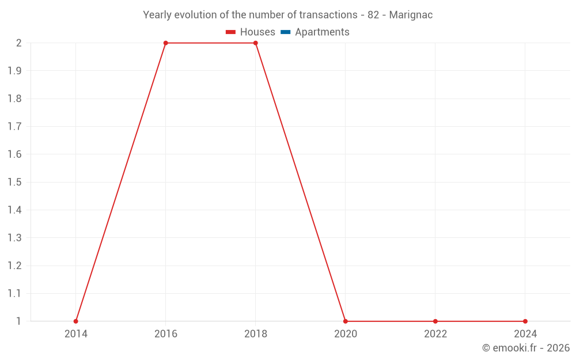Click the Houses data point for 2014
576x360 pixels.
pos(75,321)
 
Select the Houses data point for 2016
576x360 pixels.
pos(165,43)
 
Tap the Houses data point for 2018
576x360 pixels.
pos(255,43)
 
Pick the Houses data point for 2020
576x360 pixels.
pos(345,321)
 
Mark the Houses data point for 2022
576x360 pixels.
pos(435,321)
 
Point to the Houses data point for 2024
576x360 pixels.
pos(525,321)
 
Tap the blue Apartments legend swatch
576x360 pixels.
pos(285,32)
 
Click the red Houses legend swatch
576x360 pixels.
pos(231,32)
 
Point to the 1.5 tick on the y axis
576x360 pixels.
pos(14,182)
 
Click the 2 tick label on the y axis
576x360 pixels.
pos(18,43)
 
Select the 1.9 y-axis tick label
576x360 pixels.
pos(14,71)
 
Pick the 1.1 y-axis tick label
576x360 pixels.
pos(14,293)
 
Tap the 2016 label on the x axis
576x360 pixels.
pos(165,334)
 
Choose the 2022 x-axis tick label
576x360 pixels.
pos(435,334)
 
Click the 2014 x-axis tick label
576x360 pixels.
pos(75,334)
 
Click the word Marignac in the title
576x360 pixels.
pos(411,15)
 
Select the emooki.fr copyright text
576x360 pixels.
pos(526,348)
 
